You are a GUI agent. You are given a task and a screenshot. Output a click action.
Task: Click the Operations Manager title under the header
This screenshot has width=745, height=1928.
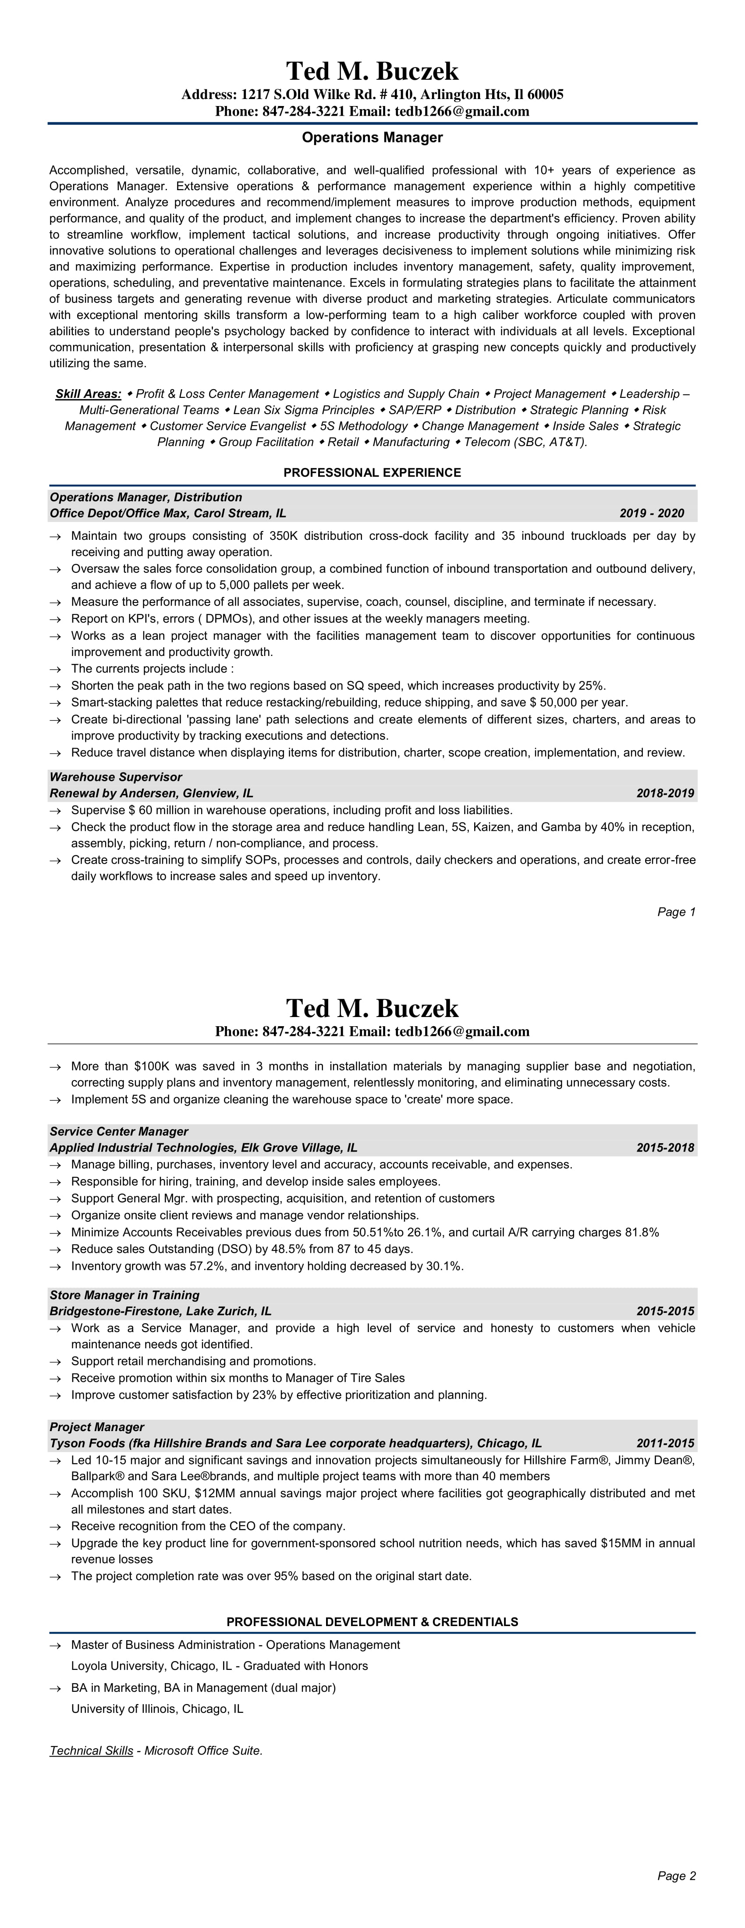pyautogui.click(x=372, y=138)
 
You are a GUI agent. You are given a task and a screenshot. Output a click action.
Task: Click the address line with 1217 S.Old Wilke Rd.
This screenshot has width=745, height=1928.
pyautogui.click(x=372, y=94)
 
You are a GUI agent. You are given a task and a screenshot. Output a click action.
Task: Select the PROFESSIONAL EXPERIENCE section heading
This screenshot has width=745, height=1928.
pyautogui.click(x=372, y=472)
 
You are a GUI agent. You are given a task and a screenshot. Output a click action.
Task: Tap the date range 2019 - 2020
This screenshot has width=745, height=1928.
pyautogui.click(x=651, y=514)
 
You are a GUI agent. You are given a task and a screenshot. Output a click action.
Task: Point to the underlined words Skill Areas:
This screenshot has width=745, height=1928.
pyautogui.click(x=89, y=393)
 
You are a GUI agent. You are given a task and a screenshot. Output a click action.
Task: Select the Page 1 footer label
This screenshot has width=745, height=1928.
pyautogui.click(x=676, y=911)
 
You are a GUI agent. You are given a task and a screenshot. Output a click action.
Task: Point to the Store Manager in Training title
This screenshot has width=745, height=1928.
pyautogui.click(x=124, y=1295)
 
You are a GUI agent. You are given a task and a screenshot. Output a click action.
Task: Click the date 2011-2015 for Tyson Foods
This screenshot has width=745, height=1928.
pyautogui.click(x=665, y=1443)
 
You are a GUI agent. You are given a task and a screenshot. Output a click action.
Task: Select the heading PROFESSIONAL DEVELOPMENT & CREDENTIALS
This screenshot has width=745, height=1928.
pyautogui.click(x=372, y=1622)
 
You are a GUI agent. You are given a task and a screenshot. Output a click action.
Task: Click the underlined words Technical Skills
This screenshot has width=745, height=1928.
pyautogui.click(x=91, y=1751)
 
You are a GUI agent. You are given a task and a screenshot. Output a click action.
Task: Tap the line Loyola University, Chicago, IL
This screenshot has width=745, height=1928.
pyautogui.click(x=220, y=1666)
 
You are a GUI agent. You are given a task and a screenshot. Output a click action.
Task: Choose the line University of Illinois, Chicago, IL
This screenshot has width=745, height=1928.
pyautogui.click(x=157, y=1709)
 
